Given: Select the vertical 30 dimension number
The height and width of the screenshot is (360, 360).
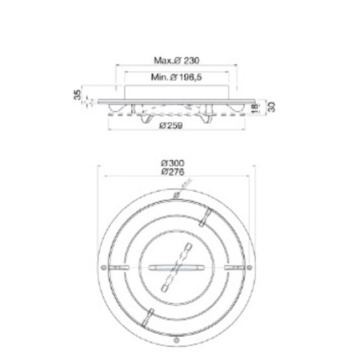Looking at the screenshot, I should tap(272, 107).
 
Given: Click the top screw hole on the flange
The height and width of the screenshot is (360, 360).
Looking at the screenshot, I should tap(176, 195).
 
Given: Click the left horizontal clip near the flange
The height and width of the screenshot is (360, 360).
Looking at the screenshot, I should tap(118, 268).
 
